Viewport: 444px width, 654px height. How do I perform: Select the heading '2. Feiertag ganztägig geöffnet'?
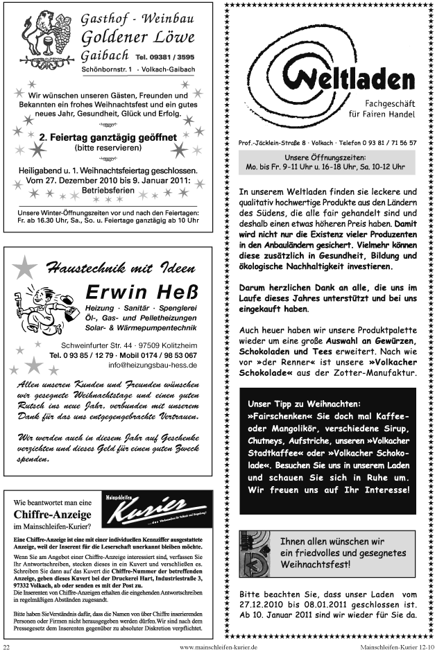107,137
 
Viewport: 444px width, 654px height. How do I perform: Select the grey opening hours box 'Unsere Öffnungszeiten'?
325,162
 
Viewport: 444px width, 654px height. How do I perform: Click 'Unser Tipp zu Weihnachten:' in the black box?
305,404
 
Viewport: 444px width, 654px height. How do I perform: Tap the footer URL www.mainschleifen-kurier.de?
219,646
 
